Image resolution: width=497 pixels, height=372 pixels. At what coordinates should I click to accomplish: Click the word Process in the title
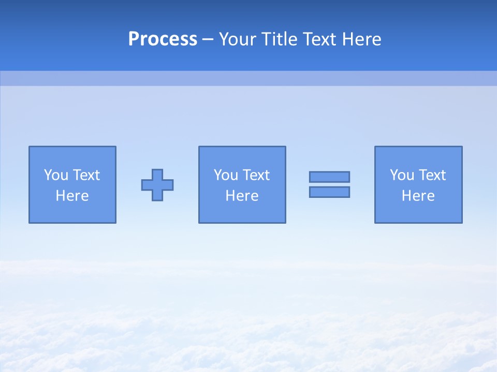point(163,39)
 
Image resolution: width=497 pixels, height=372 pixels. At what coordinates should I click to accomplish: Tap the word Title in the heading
point(279,39)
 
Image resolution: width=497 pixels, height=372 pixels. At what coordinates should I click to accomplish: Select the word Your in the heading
point(238,39)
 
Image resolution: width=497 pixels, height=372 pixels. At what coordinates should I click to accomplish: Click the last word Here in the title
point(361,39)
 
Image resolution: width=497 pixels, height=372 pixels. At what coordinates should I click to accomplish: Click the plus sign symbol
point(157,185)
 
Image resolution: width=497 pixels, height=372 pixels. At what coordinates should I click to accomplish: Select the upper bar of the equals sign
point(329,177)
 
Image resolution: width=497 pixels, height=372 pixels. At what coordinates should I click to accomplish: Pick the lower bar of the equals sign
point(329,192)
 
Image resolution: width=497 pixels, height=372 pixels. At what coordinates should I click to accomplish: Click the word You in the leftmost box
point(56,175)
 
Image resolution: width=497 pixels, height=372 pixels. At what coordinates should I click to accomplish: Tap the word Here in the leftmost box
point(72,196)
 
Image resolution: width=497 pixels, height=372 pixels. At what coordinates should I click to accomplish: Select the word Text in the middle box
point(255,175)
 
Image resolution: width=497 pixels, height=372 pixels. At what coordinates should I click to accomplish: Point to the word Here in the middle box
point(242,196)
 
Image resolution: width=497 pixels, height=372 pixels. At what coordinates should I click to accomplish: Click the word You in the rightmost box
point(402,175)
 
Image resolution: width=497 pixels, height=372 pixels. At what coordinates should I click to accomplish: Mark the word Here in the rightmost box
point(418,196)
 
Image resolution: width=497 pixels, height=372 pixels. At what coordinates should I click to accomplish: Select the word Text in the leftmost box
point(85,175)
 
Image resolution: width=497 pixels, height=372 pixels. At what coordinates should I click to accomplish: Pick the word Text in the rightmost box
point(431,175)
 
